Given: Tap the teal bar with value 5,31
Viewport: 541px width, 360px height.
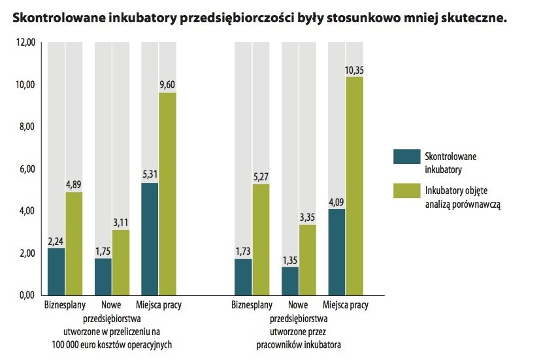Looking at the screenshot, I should click(149, 239).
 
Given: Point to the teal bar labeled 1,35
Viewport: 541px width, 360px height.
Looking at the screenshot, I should click(290, 280).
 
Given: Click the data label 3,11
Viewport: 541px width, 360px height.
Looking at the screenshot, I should click(121, 223).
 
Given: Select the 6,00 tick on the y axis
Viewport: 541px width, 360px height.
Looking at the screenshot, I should click(26, 169).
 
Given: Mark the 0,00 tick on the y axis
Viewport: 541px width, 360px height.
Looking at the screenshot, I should click(26, 295).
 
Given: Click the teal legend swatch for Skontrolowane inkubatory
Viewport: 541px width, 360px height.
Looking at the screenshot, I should click(405, 157).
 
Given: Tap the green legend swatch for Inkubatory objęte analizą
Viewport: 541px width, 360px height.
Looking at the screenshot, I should click(405, 191).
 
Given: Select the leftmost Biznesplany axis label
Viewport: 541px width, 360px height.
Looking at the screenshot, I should click(63, 305).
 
